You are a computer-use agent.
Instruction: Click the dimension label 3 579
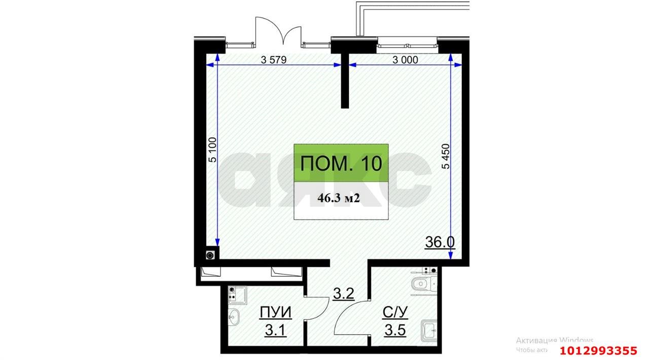click(x=274, y=60)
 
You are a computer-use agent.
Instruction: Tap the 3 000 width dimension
click(x=405, y=60)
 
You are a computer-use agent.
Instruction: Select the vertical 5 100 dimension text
click(x=212, y=150)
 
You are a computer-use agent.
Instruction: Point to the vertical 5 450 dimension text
click(x=446, y=159)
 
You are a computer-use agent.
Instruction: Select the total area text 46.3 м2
click(x=338, y=198)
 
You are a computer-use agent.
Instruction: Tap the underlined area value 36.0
click(x=440, y=242)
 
